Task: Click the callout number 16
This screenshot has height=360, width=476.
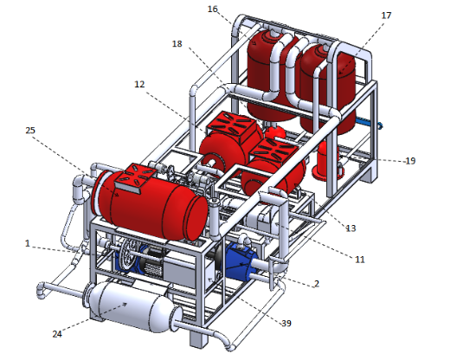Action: tap(213, 10)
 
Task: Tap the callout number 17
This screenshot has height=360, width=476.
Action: tap(386, 16)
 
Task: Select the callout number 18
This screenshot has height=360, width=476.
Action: tap(177, 44)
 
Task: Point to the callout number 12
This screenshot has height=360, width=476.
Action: tap(139, 84)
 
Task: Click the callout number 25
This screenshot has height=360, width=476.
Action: tap(30, 130)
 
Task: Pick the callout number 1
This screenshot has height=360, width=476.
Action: tap(28, 243)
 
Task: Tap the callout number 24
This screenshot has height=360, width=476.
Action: tap(57, 334)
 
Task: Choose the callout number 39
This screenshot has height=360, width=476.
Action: tap(286, 324)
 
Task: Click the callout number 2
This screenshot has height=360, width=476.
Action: tap(317, 284)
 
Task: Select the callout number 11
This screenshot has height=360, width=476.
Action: tap(360, 260)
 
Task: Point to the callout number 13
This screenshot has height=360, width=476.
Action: tap(351, 228)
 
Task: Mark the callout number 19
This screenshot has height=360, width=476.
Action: tap(410, 161)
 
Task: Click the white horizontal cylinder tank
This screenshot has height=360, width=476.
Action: tap(132, 305)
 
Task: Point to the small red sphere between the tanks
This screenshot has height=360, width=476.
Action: tap(275, 132)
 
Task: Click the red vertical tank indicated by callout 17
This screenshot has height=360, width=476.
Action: tap(328, 89)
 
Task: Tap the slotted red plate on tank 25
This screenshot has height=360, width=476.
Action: tap(136, 178)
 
